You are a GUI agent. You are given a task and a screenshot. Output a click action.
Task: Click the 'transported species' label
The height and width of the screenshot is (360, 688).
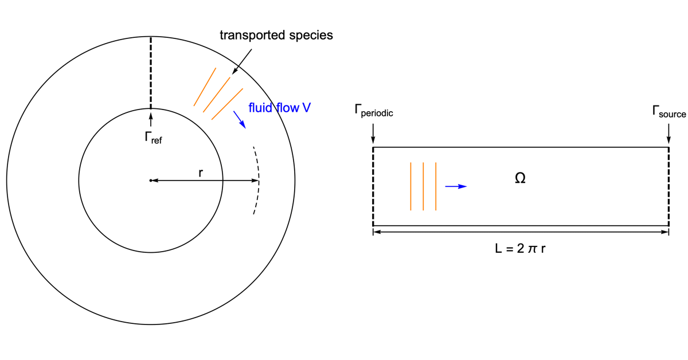point(276,35)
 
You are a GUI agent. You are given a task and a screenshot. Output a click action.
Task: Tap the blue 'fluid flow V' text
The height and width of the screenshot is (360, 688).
point(279,107)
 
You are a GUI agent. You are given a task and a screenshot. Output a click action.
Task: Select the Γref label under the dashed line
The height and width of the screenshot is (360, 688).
point(153,138)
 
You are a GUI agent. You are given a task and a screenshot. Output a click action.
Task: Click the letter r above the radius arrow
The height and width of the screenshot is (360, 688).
point(200,173)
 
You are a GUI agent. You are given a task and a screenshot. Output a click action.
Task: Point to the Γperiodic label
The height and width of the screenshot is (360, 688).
point(373,113)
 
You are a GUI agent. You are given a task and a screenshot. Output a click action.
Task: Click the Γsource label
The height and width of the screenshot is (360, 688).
point(669,113)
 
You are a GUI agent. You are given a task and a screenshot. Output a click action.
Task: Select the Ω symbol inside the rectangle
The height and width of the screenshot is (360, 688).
point(520,179)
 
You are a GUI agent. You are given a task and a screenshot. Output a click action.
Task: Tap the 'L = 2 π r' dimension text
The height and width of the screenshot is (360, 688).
point(520,249)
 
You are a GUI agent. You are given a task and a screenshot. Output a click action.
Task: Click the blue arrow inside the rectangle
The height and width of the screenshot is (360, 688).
point(456,186)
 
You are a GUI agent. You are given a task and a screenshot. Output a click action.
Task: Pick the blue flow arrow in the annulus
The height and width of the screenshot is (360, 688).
point(240,119)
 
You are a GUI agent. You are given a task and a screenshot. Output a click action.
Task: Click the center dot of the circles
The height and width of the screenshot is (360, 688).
point(151,181)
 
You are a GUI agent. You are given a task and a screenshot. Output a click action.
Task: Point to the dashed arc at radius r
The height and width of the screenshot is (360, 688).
point(257,180)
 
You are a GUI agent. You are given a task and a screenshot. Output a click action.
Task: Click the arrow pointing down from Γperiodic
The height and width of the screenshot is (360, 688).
point(373,132)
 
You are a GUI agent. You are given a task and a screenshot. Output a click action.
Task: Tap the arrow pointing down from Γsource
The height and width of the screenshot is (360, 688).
point(669,132)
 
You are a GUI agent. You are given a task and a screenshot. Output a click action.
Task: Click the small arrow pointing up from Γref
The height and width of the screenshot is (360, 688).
point(151,119)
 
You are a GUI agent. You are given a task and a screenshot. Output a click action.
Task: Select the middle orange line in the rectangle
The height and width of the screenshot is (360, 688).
point(423,186)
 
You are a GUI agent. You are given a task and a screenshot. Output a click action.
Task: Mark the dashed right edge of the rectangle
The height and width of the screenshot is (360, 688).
point(669,186)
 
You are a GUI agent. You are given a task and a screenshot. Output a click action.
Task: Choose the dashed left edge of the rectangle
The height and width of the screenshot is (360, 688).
point(373,186)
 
